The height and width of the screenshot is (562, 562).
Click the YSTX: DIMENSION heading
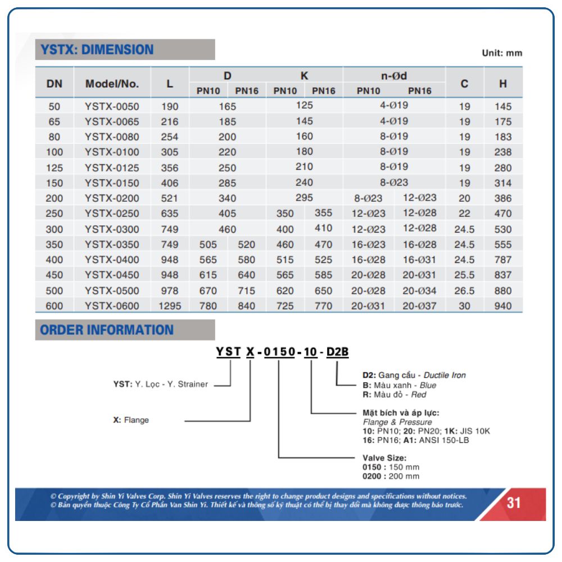coord(97,49)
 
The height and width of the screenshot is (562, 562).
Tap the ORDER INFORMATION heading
coord(107,330)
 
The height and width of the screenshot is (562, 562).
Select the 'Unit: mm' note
coord(502,53)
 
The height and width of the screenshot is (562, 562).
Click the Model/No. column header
coord(112,84)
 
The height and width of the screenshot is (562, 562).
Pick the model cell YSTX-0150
coord(112,183)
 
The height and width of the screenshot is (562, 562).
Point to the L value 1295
coord(170,306)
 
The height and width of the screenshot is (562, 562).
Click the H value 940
coord(503,306)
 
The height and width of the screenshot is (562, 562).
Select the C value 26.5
coord(464,291)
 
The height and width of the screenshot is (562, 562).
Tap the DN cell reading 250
coord(55,214)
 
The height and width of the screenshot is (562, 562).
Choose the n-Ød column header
coord(393,76)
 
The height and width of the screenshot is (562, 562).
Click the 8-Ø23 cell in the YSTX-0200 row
coord(368,198)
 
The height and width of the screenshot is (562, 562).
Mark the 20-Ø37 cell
coord(419,306)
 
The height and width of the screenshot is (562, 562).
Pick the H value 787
coord(503,260)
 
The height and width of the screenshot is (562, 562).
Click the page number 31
coord(514,502)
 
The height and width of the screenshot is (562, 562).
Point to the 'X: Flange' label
coord(131,420)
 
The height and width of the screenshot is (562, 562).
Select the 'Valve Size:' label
coord(384,458)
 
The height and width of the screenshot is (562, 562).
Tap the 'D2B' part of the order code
coord(337,352)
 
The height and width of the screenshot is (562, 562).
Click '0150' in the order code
coord(279,352)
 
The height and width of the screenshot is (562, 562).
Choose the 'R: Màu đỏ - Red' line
coord(395,395)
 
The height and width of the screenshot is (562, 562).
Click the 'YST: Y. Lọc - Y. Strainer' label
coord(161,384)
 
